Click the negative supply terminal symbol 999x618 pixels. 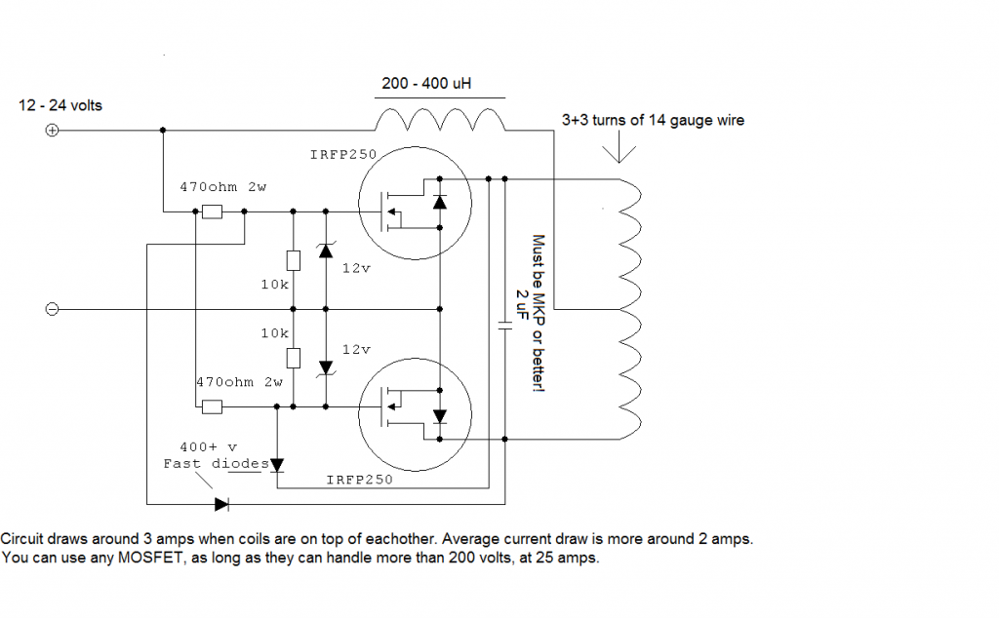pyautogui.click(x=53, y=309)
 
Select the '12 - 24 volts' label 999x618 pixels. pyautogui.click(x=60, y=104)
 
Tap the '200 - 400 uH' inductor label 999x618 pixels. pyautogui.click(x=426, y=84)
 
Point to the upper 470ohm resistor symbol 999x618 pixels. pyautogui.click(x=212, y=212)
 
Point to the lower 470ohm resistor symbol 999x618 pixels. pyautogui.click(x=212, y=406)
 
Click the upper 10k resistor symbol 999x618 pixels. pyautogui.click(x=294, y=259)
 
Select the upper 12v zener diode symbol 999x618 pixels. pyautogui.click(x=325, y=250)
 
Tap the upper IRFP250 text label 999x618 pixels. pyautogui.click(x=343, y=154)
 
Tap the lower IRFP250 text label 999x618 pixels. pyautogui.click(x=359, y=480)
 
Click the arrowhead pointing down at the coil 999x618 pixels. pyautogui.click(x=621, y=153)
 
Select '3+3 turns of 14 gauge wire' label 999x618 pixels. pyautogui.click(x=653, y=121)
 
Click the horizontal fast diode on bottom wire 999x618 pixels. pyautogui.click(x=221, y=504)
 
